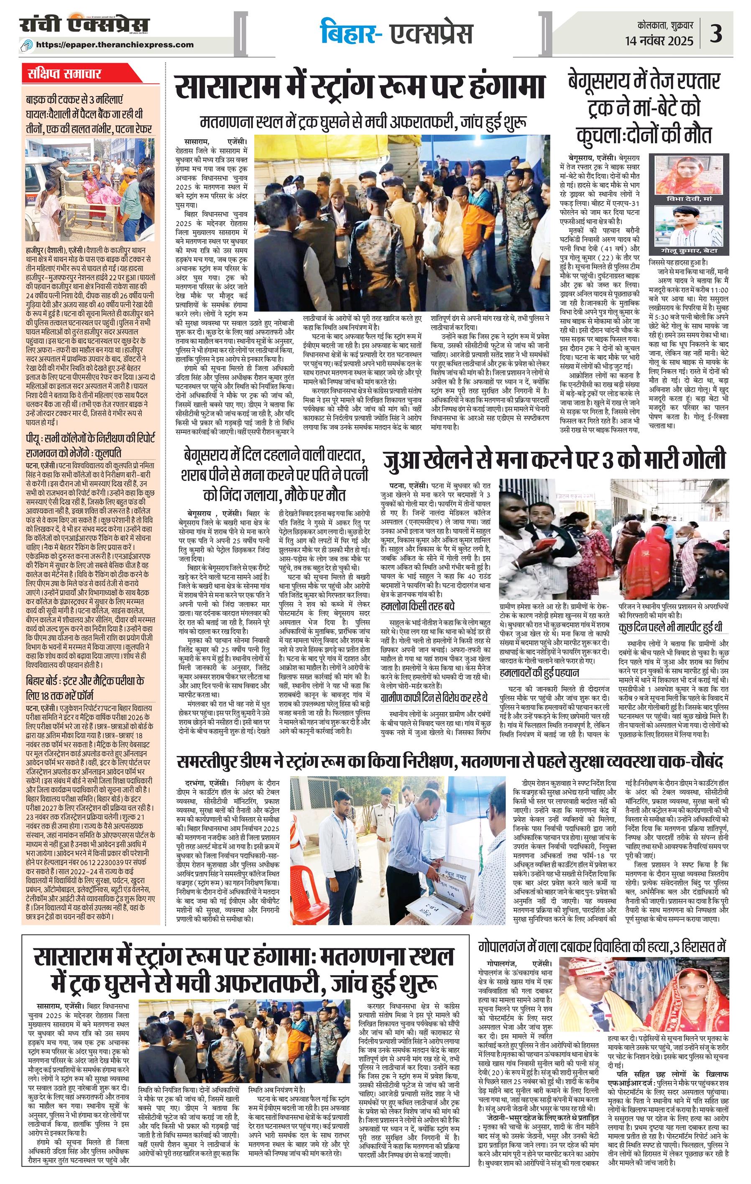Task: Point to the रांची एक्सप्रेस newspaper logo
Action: point(84,25)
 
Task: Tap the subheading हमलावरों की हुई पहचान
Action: point(539,672)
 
